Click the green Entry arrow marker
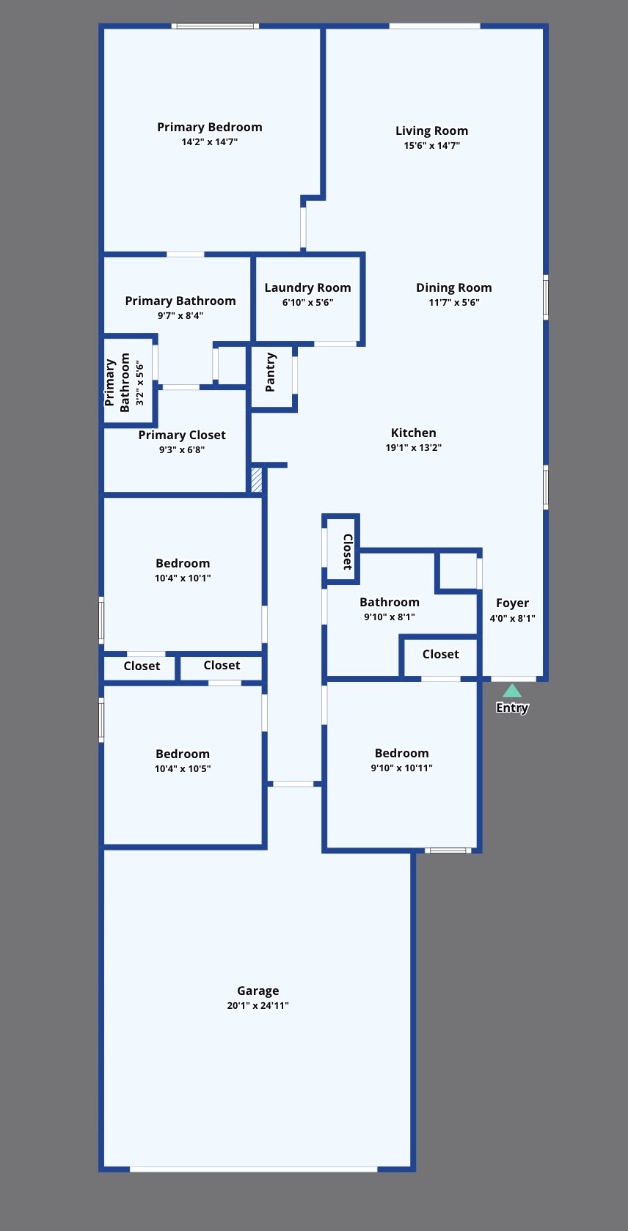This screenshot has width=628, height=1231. coord(512,691)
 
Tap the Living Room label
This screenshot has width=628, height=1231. coord(431,131)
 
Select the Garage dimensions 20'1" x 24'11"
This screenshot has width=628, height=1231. coord(258,1005)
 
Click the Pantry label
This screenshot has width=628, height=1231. coord(271,372)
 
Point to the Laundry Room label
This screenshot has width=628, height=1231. coord(307,287)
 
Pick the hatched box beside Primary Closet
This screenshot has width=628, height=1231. coord(257,479)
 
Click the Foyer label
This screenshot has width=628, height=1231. coord(512,603)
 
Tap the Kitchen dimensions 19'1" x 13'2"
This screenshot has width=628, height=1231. coord(413,447)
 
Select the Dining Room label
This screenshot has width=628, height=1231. coord(453,287)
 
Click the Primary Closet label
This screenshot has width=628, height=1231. coord(182,435)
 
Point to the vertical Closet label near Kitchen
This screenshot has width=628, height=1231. coord(348,551)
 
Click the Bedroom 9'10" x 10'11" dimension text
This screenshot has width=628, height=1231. coord(401,768)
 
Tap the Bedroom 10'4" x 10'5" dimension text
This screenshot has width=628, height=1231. coord(183,768)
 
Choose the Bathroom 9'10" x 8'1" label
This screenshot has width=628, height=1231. coord(390,602)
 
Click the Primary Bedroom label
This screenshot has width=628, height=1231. coord(209,127)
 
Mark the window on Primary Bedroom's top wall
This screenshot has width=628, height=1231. coord(216,26)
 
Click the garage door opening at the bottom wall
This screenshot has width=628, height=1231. coord(253,1169)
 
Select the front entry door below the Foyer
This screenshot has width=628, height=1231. coord(513,679)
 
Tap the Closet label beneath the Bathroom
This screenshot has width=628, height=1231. coord(440,654)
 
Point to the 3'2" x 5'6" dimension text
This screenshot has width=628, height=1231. coord(139,382)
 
